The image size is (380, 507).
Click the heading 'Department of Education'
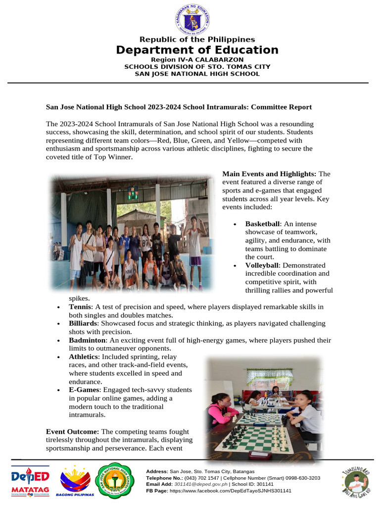coord(197,50)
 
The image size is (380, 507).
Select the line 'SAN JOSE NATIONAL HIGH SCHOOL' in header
coord(197,74)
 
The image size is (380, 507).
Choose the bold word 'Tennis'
coord(80,307)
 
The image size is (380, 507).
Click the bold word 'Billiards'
coord(82,323)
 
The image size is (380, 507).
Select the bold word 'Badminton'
coord(87,340)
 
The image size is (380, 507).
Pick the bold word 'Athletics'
coord(84,356)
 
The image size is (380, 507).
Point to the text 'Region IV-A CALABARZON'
coord(197,59)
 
